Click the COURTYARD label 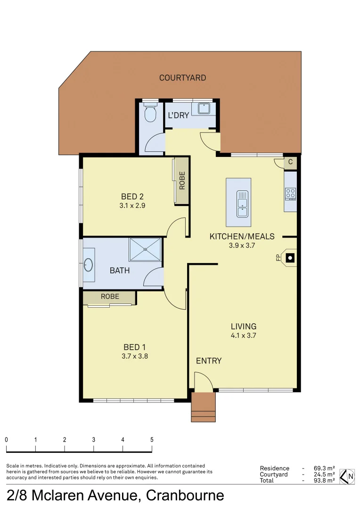182,78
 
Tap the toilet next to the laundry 150,113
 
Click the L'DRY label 179,115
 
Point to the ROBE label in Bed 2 182,181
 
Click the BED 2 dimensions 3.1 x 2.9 132,205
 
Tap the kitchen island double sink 242,204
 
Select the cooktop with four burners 290,193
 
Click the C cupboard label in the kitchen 290,162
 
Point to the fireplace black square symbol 291,257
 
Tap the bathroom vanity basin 88,265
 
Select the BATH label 120,271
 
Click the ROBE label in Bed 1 110,296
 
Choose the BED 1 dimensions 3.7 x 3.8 135,357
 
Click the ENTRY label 209,361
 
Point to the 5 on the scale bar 152,439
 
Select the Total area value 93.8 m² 324,480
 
